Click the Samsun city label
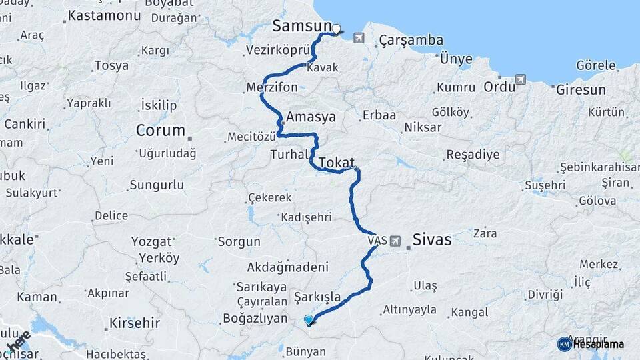pos(301,26)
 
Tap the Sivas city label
pos(432,240)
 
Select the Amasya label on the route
pos(311,117)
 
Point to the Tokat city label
pos(336,163)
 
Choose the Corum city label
pos(160,130)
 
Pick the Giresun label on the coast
pos(581,89)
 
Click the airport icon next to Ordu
pos(520,80)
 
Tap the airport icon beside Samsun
pos(360,38)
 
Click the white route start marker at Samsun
pos(336,29)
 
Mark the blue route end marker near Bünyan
pos(308,320)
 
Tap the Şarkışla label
pos(317,296)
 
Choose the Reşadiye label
pos(472,155)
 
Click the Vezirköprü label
pos(279,51)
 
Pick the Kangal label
pos(470,311)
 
